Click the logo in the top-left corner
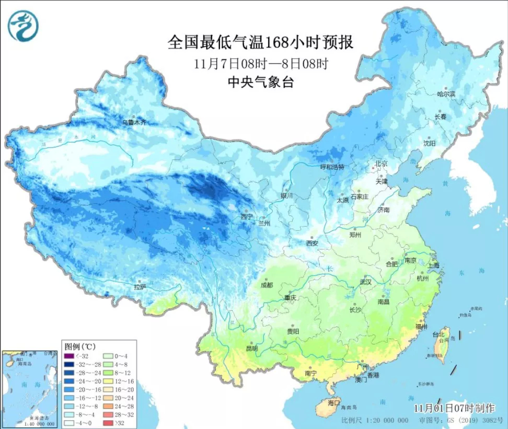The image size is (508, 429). click(x=23, y=25)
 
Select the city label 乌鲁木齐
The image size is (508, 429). click(x=135, y=122)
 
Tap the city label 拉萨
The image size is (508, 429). click(x=140, y=287)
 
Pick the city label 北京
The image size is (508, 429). click(x=382, y=164)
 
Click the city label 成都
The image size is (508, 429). click(x=266, y=285)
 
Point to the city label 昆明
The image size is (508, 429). click(x=252, y=349)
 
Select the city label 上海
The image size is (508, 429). click(x=433, y=265)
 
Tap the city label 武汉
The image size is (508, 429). click(x=364, y=282)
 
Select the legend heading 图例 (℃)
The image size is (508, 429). click(x=80, y=346)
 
